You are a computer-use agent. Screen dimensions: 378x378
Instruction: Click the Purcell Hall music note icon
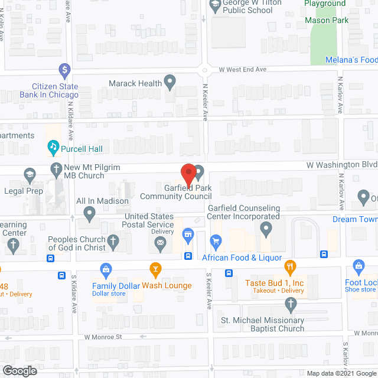point(53,146)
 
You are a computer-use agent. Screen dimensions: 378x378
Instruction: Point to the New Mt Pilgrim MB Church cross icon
point(57,168)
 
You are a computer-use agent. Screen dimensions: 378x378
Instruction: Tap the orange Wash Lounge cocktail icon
point(155,269)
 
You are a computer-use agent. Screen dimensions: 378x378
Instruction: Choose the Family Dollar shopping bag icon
point(106,269)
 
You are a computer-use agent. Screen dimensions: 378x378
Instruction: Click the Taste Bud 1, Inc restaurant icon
point(289,266)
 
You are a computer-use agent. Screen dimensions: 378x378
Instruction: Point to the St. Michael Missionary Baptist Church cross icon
point(289,305)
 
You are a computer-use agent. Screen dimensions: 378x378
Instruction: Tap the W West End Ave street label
point(242,70)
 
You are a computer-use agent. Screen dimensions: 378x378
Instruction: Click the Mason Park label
point(327,20)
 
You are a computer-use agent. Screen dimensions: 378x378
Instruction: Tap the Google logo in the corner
point(19,371)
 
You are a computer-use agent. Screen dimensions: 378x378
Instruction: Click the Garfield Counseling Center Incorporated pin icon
point(267,227)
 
